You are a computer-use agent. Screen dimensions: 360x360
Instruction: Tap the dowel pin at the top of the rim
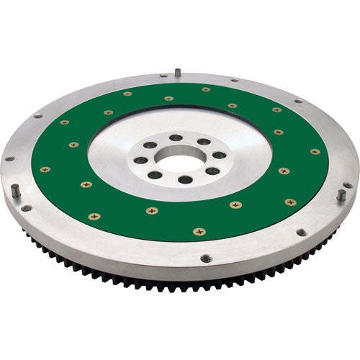coord(176,72)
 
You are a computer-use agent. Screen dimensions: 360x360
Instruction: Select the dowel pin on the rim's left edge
coord(14,190)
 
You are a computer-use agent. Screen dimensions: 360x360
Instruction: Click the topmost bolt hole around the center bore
coord(176,137)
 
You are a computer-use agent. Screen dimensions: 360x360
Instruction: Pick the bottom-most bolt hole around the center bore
coord(186,179)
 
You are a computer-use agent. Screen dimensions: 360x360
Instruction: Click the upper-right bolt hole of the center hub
coord(204,142)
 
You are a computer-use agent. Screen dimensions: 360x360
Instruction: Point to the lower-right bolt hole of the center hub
coord(212,171)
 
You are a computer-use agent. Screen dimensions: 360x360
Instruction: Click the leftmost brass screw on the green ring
coord(45,169)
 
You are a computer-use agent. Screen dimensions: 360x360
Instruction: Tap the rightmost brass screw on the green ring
coord(315,152)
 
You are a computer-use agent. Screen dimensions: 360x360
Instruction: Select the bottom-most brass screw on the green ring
coord(199,231)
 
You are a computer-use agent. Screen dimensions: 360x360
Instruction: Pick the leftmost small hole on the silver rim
coord(9,158)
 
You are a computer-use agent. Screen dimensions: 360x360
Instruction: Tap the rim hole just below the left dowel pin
coord(26,208)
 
